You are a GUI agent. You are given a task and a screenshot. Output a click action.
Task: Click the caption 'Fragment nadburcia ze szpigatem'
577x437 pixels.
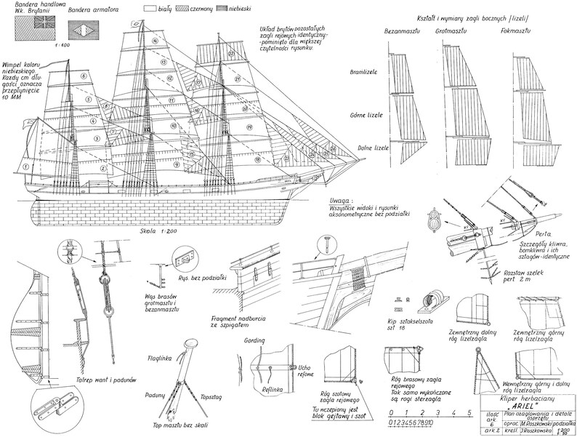(239, 323)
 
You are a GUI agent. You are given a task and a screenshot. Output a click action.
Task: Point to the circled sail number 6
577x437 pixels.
(84, 75)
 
